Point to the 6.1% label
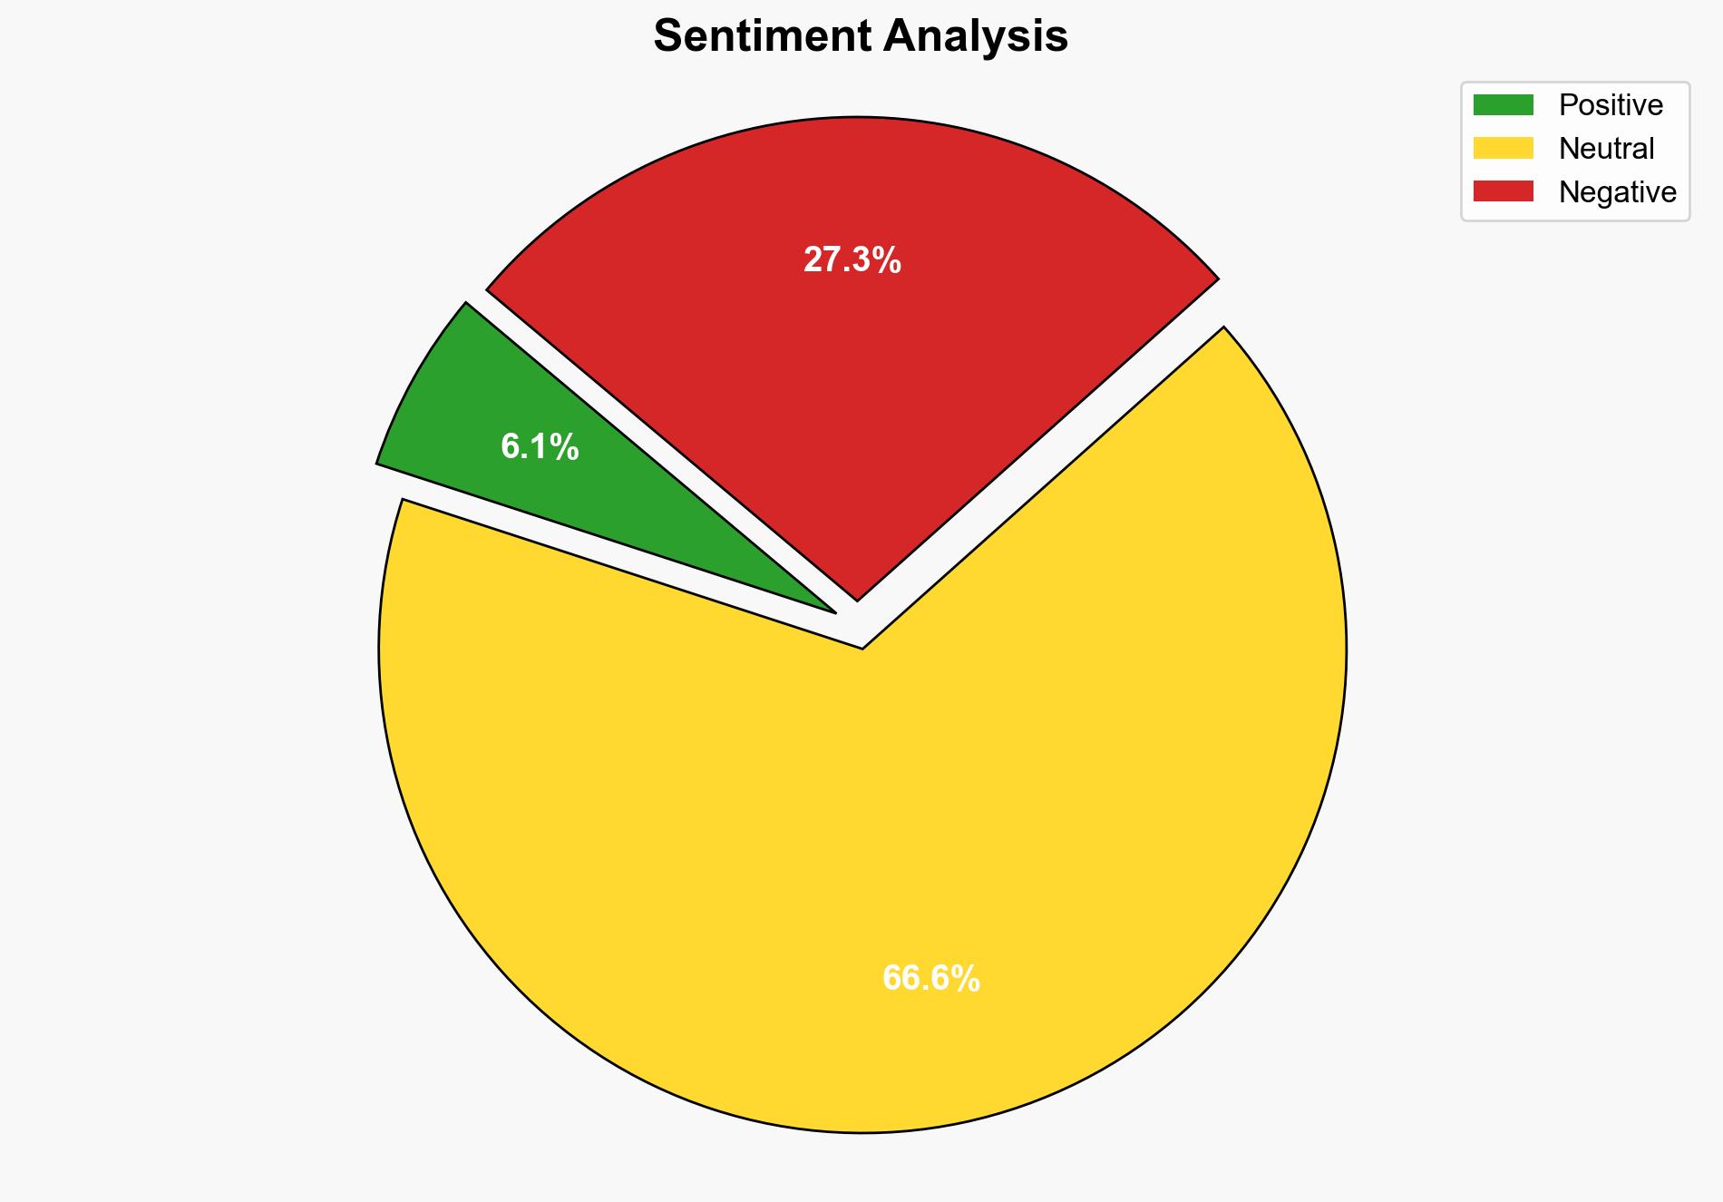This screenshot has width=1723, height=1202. coord(540,447)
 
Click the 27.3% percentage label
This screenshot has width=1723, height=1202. coord(852,260)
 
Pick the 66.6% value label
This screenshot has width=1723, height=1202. coord(931,979)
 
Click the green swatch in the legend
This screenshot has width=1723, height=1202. coord(1503,105)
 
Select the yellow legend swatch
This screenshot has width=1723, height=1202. coord(1503,148)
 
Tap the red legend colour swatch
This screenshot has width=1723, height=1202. coord(1503,191)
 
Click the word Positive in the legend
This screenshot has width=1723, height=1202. coord(1611,105)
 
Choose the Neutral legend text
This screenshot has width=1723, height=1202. coord(1606,148)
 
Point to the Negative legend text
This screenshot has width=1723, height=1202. coord(1618,191)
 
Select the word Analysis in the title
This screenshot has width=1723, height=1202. coord(977,36)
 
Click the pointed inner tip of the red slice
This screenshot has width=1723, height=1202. coord(857,598)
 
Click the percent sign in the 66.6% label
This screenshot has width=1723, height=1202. coord(967,979)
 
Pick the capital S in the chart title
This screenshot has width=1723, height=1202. coord(667,36)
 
